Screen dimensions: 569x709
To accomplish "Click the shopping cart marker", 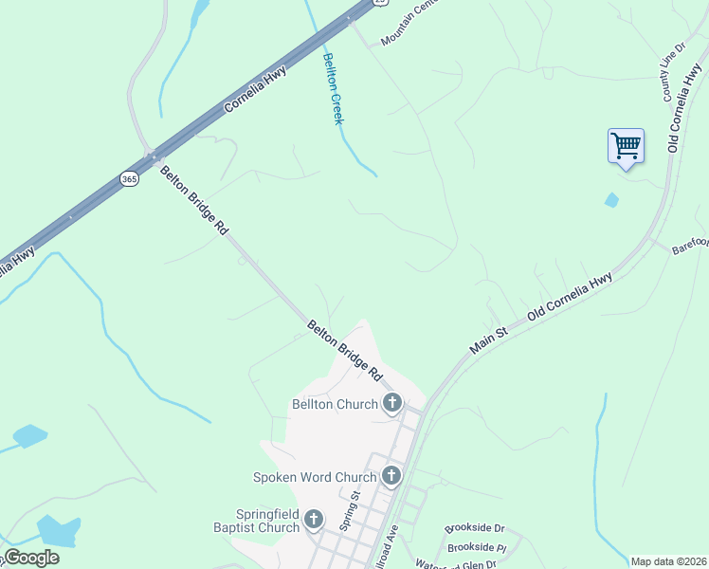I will [x=626, y=147].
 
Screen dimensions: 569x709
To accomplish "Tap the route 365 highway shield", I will [x=129, y=178].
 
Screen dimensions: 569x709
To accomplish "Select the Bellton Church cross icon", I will [x=391, y=404].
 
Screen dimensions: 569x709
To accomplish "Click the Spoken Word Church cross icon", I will [x=391, y=476].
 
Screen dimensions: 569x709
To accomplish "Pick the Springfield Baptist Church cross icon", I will [x=314, y=520].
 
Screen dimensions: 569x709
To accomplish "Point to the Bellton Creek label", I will [x=332, y=89].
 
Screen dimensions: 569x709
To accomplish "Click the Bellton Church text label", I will [x=335, y=405].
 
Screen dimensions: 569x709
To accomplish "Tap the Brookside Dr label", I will [x=475, y=528].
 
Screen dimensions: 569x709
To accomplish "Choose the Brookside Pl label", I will [x=477, y=547].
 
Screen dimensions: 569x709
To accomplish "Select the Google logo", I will [x=31, y=558].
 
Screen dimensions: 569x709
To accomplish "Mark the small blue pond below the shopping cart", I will [x=611, y=200].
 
